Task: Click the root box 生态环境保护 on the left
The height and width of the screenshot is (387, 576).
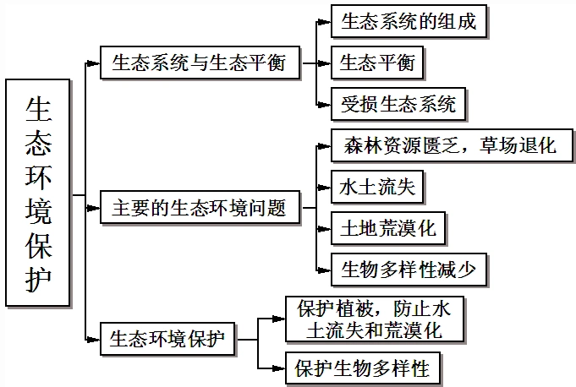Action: coord(39,192)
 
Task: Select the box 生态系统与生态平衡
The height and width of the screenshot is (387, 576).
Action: coord(200,63)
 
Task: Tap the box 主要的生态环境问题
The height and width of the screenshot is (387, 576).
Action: coord(200,206)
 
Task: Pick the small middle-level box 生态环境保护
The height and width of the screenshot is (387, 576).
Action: coord(167,339)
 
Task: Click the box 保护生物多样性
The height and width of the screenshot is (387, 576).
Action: coord(363,368)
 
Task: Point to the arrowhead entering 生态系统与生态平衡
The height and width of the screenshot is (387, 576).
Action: coord(96,63)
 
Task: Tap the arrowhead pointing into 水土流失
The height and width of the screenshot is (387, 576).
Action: coord(325,186)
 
